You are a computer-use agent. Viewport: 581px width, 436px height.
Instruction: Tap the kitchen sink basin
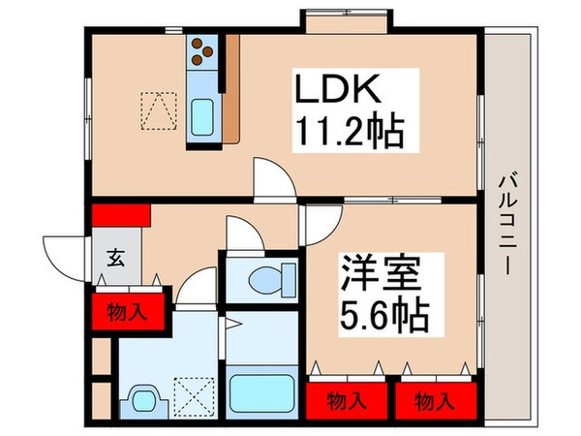pyautogui.click(x=203, y=119)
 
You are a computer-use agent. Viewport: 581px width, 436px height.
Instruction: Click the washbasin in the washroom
pyautogui.click(x=146, y=400)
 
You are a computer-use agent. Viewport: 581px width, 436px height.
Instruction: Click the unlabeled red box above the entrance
pyautogui.click(x=120, y=213)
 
